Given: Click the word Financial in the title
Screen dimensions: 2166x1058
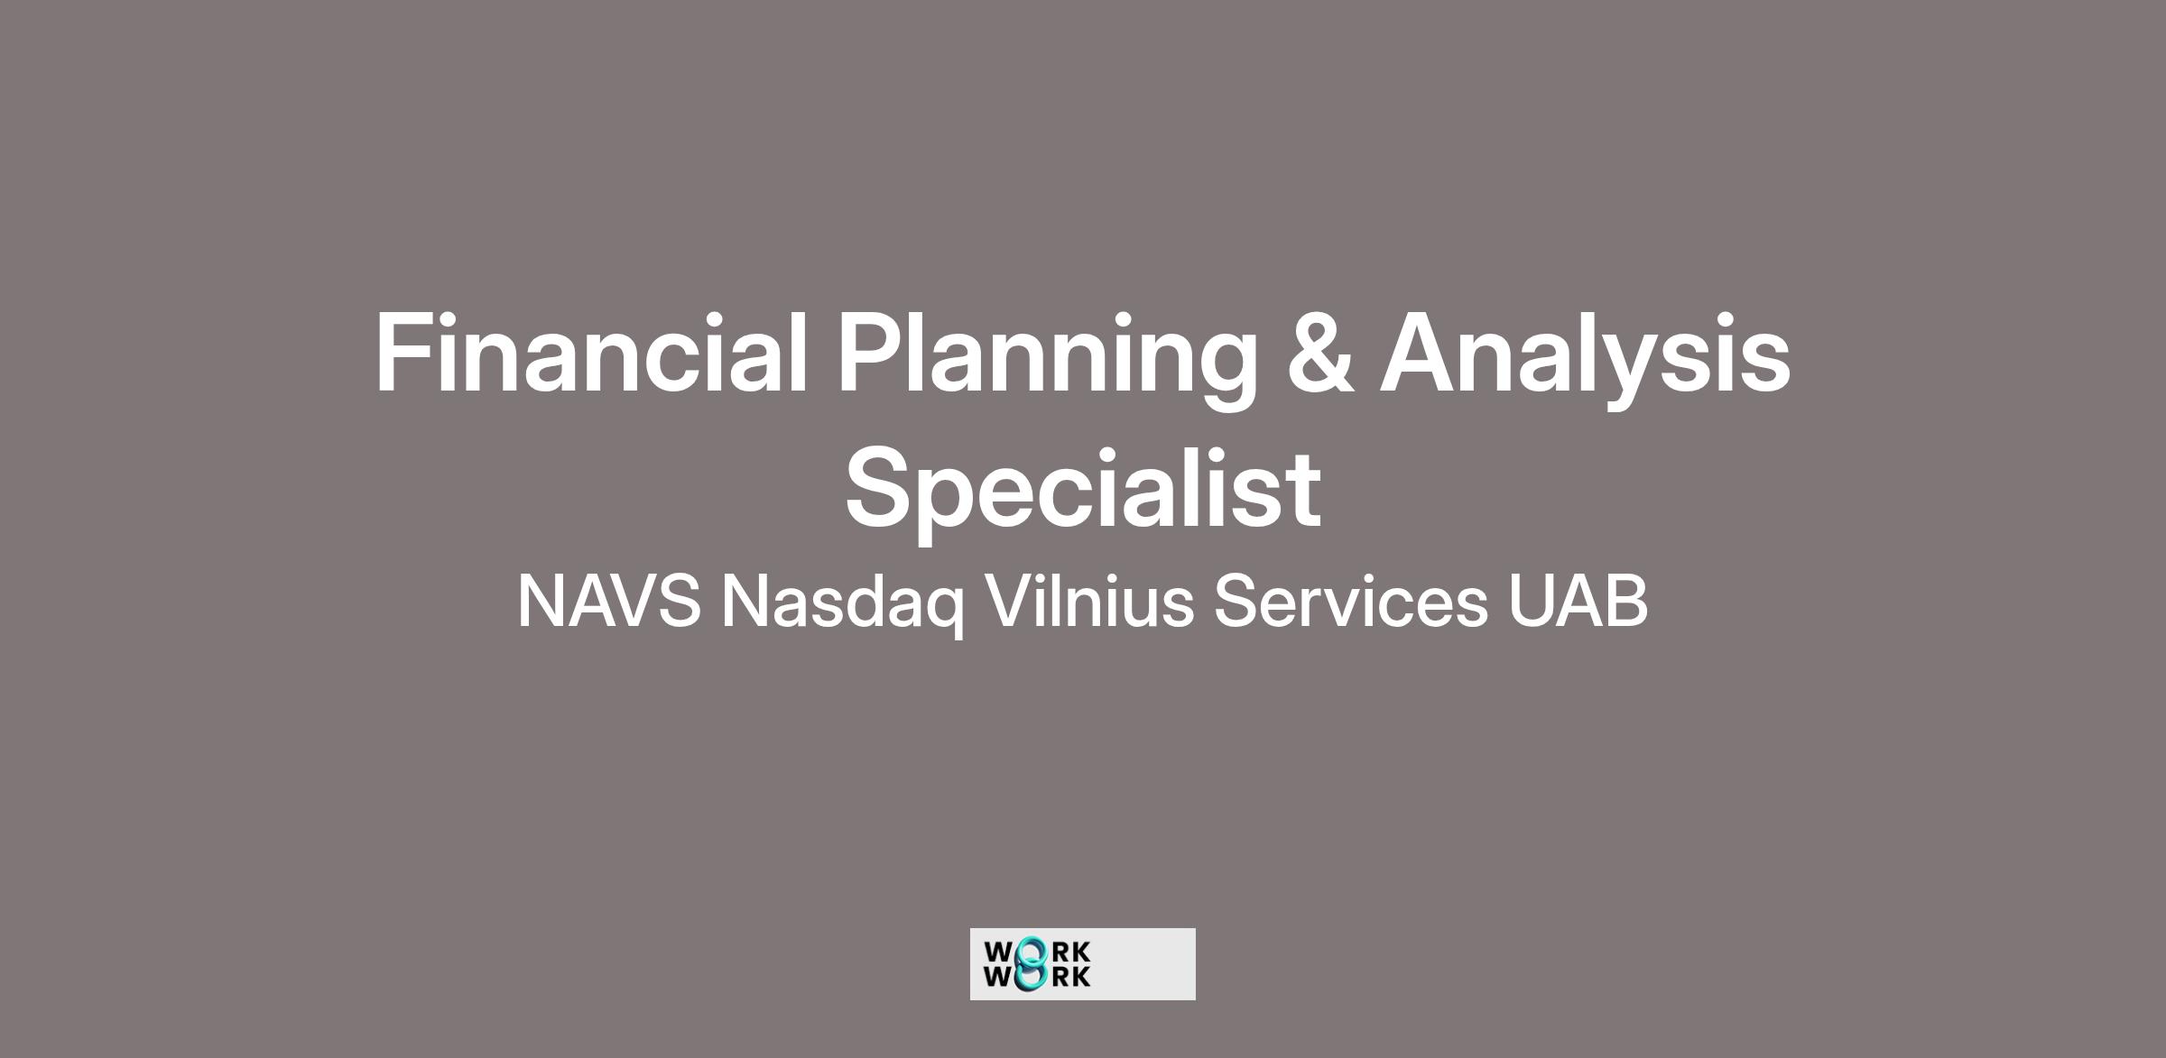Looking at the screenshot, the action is click(591, 353).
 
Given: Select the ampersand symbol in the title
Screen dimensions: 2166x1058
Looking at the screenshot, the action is click(1319, 353).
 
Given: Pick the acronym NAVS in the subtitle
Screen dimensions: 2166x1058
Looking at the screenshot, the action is click(609, 601).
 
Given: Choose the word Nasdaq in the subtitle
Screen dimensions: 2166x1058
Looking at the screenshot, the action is click(842, 605).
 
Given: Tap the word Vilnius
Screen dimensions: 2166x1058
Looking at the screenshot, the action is click(1089, 600).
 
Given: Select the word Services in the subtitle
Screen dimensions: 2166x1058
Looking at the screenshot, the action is click(1350, 600).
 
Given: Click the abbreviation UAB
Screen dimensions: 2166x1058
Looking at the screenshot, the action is click(1578, 600).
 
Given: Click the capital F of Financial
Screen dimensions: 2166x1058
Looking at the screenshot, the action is click(403, 353).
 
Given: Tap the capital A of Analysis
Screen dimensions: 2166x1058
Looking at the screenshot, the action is click(1422, 353).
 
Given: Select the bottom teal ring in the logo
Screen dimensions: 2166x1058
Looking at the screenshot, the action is click(1031, 978).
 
